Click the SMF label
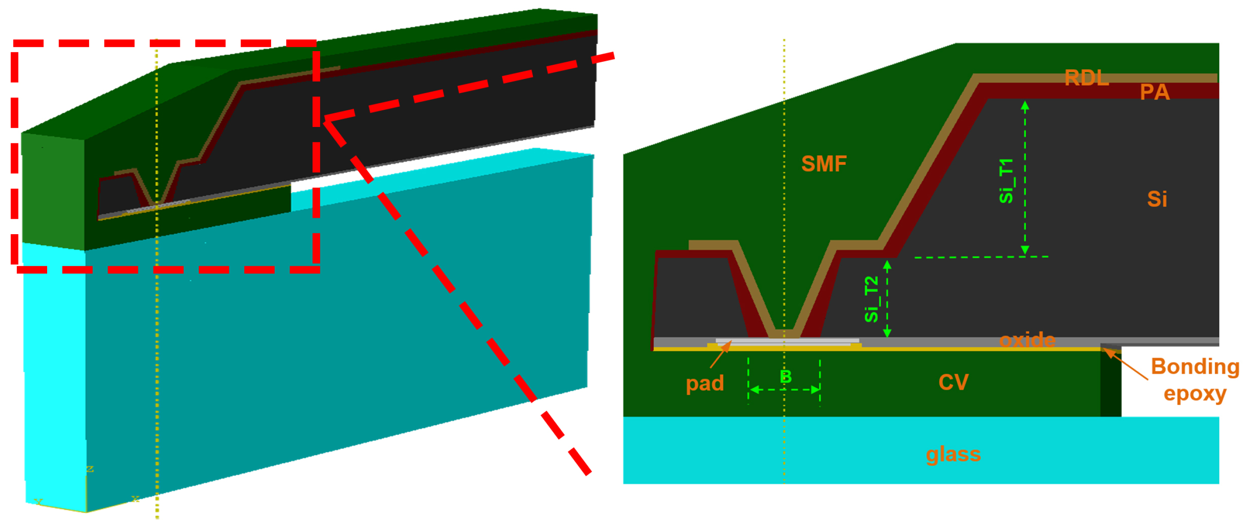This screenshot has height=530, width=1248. pos(823,164)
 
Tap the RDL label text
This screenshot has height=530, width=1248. pos(1086,78)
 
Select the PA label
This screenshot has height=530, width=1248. pos(1155,92)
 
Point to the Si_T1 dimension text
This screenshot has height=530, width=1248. pos(1006,181)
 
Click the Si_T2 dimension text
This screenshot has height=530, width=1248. pos(871,299)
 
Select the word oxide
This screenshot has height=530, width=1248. pos(1027,340)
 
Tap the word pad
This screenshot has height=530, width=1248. pos(704,383)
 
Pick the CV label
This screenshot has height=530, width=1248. pos(954,382)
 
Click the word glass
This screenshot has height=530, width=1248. pos(953,454)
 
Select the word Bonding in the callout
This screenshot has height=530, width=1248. pos(1195,367)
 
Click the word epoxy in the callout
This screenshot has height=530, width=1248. pos(1195,393)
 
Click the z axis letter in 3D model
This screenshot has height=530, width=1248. pos(89,468)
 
